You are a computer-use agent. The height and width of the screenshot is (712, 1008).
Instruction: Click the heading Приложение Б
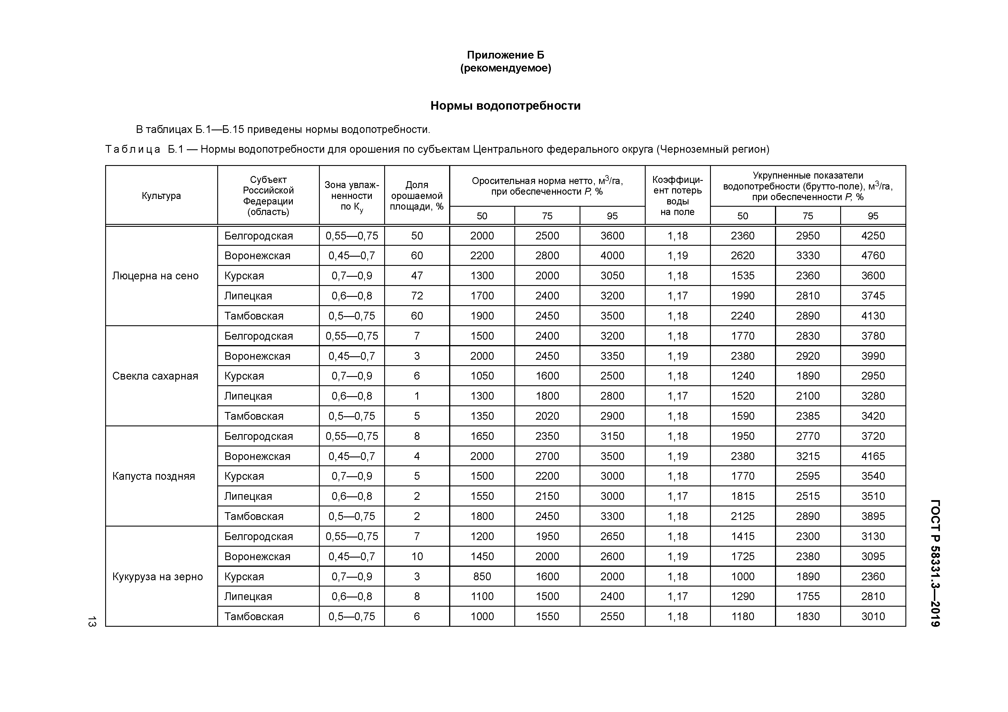point(505,55)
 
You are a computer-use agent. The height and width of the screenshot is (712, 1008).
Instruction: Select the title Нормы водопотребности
point(505,106)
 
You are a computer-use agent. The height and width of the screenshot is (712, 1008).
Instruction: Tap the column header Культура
point(161,196)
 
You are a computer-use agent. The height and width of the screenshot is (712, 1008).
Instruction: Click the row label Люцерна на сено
point(155,276)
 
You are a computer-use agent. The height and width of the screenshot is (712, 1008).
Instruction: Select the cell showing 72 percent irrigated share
point(417,296)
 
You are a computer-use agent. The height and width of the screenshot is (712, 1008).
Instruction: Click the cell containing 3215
point(807,456)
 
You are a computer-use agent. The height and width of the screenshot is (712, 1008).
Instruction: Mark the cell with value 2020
point(547,416)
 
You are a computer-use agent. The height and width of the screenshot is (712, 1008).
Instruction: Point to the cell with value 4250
point(873,236)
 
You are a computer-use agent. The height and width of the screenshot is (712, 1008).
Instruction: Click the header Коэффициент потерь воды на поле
point(678,196)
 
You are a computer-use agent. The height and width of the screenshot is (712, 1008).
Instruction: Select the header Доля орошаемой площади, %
point(417,196)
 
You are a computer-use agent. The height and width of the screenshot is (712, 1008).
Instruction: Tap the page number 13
point(92,621)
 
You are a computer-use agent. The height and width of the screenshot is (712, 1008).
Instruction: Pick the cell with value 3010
point(873,616)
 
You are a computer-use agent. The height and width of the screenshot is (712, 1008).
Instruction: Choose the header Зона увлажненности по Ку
point(352,196)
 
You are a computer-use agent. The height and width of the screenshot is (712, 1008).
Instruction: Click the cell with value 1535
point(742,276)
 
